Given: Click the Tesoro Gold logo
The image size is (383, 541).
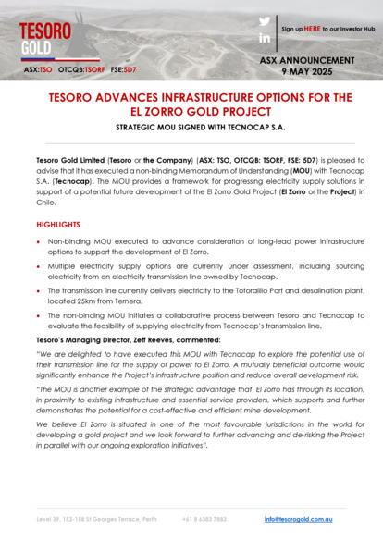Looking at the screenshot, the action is [x=45, y=36].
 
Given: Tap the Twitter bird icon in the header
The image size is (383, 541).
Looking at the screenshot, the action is [x=265, y=20].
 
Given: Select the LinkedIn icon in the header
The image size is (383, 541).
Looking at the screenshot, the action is [x=265, y=38].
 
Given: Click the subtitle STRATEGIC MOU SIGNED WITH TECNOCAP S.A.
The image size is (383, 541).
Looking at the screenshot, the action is [x=191, y=129].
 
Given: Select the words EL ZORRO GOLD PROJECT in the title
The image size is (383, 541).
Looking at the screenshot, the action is [x=191, y=111].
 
